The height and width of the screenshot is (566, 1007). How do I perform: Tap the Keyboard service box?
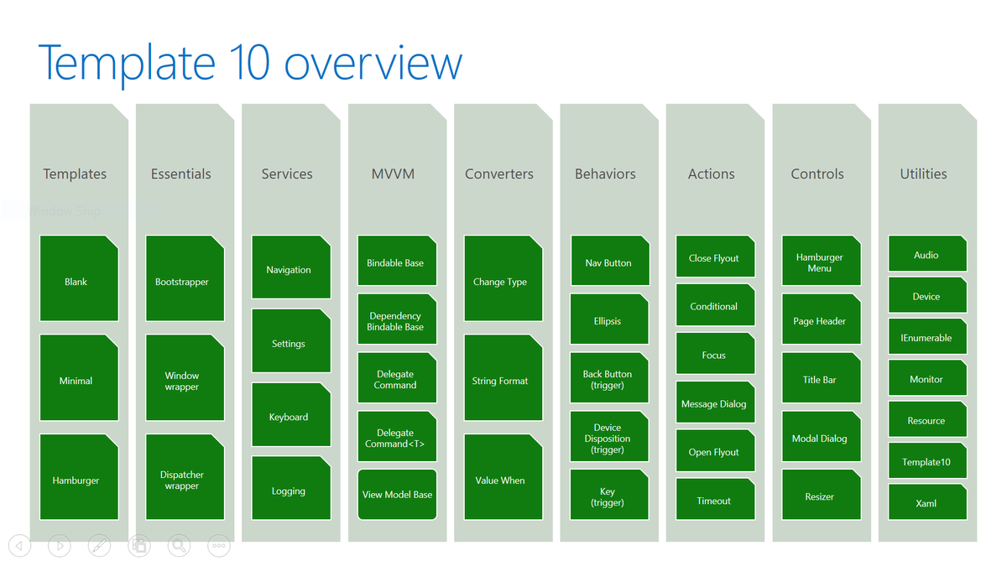(x=289, y=416)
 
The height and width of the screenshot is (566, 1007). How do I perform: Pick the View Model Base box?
(x=397, y=494)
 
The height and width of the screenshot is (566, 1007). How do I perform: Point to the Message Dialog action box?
(x=714, y=403)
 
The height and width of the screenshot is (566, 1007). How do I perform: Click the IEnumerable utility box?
(x=926, y=337)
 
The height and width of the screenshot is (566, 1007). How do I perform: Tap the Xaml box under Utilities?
(x=926, y=503)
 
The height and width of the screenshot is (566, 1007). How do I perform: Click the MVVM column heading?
(x=393, y=174)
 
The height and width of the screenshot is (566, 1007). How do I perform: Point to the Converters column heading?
(x=499, y=174)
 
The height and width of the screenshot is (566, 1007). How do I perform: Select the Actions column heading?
(x=712, y=174)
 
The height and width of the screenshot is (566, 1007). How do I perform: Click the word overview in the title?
(x=373, y=64)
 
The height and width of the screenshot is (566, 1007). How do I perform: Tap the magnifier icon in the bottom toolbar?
(x=179, y=546)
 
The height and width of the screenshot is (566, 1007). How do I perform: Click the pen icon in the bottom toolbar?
(x=99, y=546)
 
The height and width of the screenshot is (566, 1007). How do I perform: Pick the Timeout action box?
(x=714, y=500)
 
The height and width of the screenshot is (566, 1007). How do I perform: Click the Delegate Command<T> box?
(x=395, y=438)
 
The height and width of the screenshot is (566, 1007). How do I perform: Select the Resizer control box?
(x=820, y=496)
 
